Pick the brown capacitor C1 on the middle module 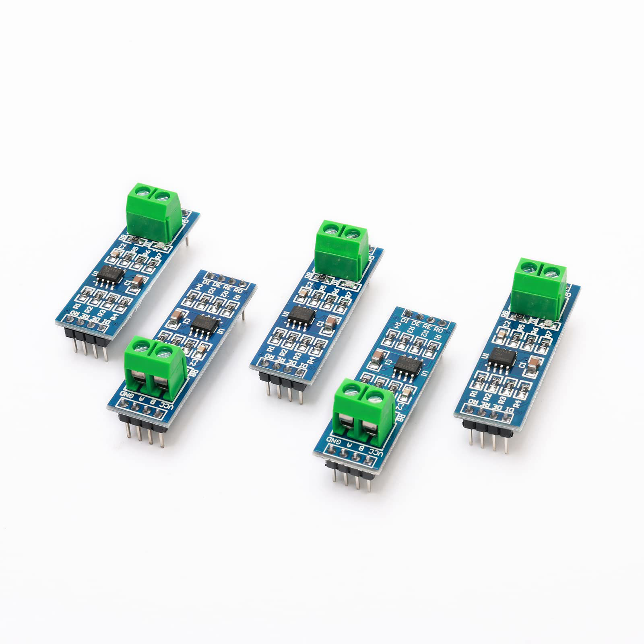pos(331,322)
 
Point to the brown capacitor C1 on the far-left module pos(138,280)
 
